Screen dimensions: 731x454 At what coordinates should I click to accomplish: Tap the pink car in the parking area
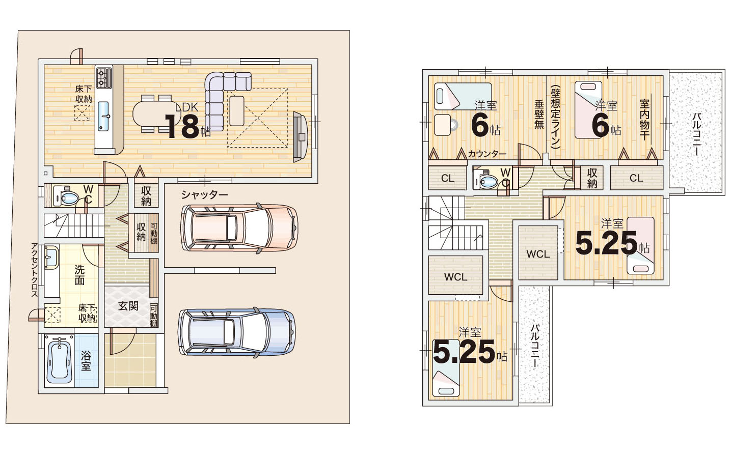(x=239, y=229)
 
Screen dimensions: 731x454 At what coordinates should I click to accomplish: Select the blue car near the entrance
(x=237, y=332)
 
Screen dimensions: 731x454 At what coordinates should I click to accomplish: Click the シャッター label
(x=205, y=195)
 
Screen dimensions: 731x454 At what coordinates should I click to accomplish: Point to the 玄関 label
(x=128, y=306)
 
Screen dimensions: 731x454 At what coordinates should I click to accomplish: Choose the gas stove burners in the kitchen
(x=104, y=76)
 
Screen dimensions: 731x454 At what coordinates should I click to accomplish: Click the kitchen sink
(x=103, y=116)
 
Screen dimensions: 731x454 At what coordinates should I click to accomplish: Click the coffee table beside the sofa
(x=237, y=111)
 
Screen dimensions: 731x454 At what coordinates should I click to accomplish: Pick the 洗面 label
(x=79, y=275)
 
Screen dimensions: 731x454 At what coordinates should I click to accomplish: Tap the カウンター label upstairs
(x=487, y=154)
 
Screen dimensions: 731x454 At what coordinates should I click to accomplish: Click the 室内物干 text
(x=644, y=120)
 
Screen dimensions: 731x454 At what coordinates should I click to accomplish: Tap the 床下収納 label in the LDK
(x=84, y=94)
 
